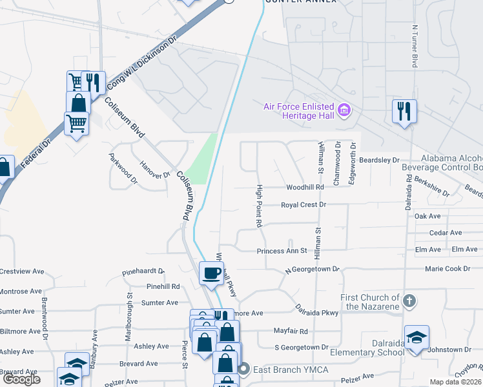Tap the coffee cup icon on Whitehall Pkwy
211,273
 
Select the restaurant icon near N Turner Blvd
404,110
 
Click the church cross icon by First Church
409,301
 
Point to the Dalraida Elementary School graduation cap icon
416,337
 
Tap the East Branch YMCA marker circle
243,370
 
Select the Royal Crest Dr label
304,205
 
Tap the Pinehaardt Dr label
143,273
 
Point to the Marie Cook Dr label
447,268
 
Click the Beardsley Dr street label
380,159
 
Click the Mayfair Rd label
291,331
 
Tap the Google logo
21,379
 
